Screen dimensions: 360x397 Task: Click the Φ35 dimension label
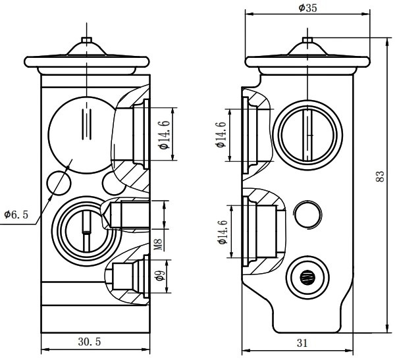[x=307, y=8]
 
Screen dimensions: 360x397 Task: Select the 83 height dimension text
[x=380, y=177]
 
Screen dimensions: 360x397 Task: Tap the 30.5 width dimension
[x=90, y=342]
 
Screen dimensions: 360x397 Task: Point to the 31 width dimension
[x=301, y=342]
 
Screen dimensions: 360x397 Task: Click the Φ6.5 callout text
[x=16, y=215]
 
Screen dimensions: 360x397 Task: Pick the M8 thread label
[x=159, y=247]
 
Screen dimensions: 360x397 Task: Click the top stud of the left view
[x=86, y=42]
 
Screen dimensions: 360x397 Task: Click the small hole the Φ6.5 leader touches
[x=61, y=182]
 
